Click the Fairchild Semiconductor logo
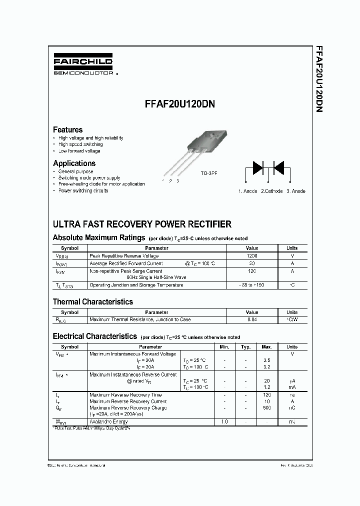[x=83, y=66]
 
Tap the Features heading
[x=67, y=129]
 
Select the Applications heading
[x=74, y=163]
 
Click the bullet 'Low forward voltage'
[x=79, y=151]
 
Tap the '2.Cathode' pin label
[x=271, y=191]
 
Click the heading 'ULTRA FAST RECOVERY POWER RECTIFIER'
[x=142, y=224]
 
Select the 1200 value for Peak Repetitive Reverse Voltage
[x=252, y=256]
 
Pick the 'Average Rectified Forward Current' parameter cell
[x=126, y=263]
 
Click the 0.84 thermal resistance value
[x=252, y=319]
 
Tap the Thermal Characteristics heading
[x=92, y=301]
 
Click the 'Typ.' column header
[x=245, y=346]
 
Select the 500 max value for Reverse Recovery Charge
[x=266, y=408]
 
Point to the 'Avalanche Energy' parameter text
[x=108, y=422]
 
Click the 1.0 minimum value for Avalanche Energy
[x=224, y=422]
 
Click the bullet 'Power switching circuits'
[x=83, y=191]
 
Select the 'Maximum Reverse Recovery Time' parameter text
[x=125, y=395]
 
